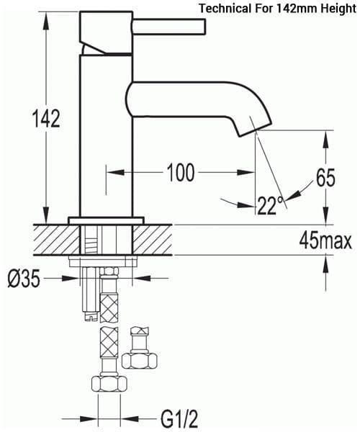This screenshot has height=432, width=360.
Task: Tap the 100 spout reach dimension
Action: [x=180, y=173]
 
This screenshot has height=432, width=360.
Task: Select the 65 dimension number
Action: [x=325, y=177]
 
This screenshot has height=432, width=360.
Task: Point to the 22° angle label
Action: [x=267, y=206]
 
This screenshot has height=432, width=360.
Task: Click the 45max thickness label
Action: [x=325, y=241]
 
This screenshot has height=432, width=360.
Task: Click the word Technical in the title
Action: [x=225, y=9]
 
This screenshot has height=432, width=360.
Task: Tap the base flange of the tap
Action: [x=106, y=220]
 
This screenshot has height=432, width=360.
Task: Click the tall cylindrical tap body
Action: [x=106, y=137]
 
